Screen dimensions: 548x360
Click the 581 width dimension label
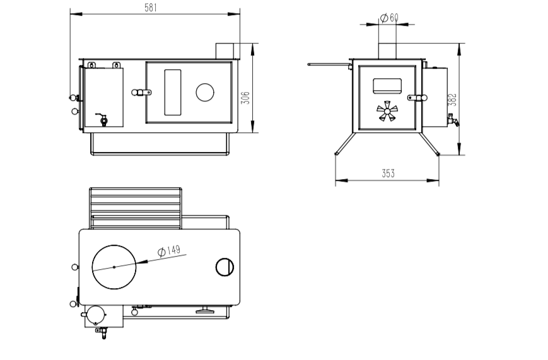tap(151, 8)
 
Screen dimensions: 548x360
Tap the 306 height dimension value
tap(246, 98)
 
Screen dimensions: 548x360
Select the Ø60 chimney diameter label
tap(389, 18)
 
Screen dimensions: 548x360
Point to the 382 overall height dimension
tap(452, 100)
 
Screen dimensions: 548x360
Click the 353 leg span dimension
tap(388, 173)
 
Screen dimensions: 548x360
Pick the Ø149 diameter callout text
tap(169, 250)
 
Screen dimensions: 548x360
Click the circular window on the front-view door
tap(205, 93)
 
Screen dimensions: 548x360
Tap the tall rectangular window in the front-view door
tap(173, 92)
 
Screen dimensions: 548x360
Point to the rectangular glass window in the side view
tap(387, 86)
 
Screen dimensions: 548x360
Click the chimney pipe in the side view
tap(387, 51)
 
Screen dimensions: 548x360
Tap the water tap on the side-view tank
tap(453, 120)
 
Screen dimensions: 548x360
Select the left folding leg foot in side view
tap(337, 153)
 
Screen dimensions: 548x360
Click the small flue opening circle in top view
tap(224, 267)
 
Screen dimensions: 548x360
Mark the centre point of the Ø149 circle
tap(114, 267)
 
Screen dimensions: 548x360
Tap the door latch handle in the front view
tap(141, 93)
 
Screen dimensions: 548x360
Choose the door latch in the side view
tap(417, 98)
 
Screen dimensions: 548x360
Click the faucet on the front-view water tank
tap(102, 119)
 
